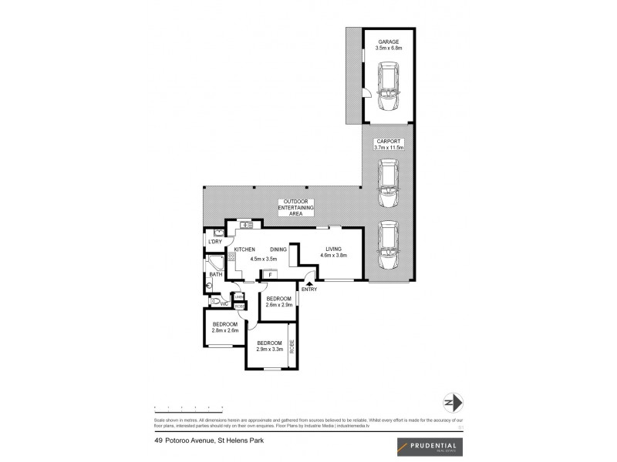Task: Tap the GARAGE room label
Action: pos(388,44)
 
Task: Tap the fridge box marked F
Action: pos(271,275)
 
